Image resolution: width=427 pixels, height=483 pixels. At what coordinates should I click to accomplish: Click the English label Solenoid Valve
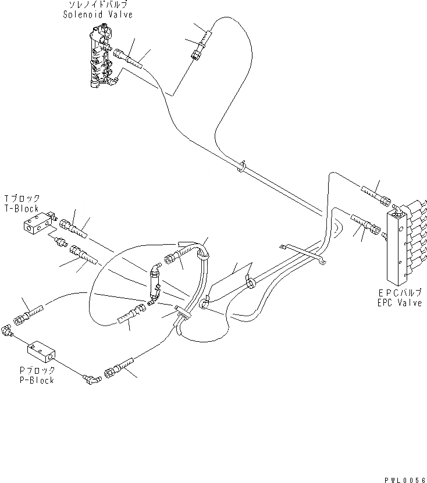click(x=98, y=14)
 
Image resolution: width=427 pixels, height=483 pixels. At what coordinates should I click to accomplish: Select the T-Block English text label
click(x=21, y=208)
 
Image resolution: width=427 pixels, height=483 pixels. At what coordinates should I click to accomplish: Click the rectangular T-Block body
click(x=35, y=224)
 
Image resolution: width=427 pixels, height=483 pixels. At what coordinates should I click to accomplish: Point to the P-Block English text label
click(x=36, y=380)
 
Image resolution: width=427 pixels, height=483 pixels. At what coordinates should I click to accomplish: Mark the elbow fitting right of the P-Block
click(x=92, y=380)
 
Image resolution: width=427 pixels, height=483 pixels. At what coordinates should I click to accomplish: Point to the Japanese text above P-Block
click(x=37, y=370)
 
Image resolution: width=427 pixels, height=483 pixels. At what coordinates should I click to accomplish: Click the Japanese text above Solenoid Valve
click(x=98, y=5)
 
